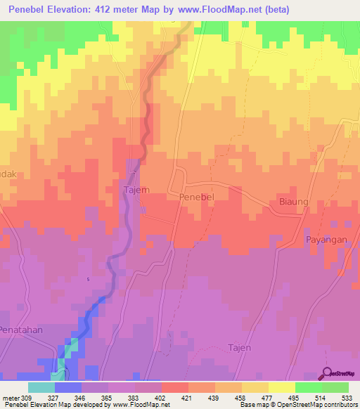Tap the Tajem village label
(x=136, y=190)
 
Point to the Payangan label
(x=326, y=240)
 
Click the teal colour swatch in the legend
(x=41, y=387)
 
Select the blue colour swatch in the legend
(x=67, y=387)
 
